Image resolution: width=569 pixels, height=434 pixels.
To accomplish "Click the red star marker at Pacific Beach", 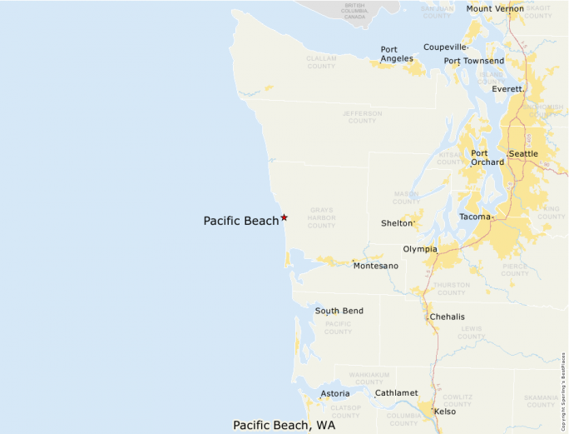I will click(x=284, y=217).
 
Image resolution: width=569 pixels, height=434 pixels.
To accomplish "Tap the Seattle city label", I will click(x=523, y=154).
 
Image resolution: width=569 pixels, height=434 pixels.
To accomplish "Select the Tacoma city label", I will click(x=476, y=217).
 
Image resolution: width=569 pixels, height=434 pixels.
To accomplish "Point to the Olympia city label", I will click(x=420, y=249).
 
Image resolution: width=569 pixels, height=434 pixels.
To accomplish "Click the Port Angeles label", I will click(x=397, y=54).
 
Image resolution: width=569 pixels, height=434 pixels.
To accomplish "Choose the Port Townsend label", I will click(x=473, y=61).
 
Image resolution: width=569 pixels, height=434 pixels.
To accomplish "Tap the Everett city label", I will click(x=507, y=88).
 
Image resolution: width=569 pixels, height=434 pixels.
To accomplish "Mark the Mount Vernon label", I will click(x=495, y=9).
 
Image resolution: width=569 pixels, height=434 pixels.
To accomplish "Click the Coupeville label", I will click(x=445, y=47).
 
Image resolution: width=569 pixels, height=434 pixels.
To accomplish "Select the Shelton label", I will click(x=397, y=223).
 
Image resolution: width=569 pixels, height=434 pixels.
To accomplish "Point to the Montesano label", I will click(x=375, y=266).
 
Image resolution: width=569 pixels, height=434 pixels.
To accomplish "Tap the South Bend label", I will click(x=339, y=311).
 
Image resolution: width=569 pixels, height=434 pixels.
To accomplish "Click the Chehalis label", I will click(x=448, y=317).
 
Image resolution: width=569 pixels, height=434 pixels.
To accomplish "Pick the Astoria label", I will click(x=335, y=393).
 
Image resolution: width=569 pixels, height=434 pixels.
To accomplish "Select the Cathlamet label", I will click(x=396, y=392).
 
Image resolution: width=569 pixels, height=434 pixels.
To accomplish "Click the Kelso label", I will click(x=445, y=412).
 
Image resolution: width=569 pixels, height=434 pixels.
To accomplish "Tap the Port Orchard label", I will click(x=487, y=157).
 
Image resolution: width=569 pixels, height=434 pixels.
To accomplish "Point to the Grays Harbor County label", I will click(x=321, y=217).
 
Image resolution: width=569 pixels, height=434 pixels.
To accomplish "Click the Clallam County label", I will click(x=321, y=62).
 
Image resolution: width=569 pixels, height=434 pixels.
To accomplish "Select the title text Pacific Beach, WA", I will click(x=284, y=425).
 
